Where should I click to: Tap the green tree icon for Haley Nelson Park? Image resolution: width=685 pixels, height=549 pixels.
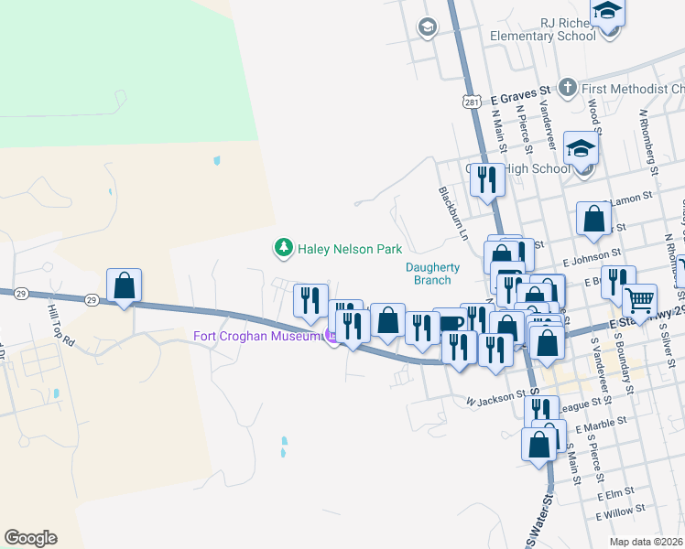click(284, 248)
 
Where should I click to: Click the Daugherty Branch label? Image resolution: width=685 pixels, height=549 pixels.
click(432, 274)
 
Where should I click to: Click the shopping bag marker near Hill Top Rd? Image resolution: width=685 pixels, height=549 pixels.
click(125, 286)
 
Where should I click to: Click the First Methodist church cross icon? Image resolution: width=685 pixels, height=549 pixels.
click(568, 89)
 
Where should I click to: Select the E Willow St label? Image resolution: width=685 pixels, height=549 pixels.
click(621, 509)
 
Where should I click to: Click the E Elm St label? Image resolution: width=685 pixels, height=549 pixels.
click(614, 495)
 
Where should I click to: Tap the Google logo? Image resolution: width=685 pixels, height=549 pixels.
click(30, 538)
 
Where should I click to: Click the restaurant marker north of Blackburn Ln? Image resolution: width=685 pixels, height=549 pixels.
click(487, 179)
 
